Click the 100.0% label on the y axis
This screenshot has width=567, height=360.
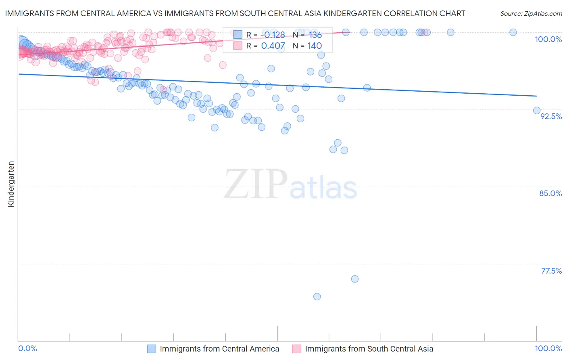548,39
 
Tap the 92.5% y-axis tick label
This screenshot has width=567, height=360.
551,116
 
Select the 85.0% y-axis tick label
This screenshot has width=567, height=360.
550,193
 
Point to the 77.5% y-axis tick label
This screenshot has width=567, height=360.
551,271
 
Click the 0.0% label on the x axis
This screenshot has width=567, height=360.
28,348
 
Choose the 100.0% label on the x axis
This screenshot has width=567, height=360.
548,348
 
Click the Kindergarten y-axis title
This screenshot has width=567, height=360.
11,184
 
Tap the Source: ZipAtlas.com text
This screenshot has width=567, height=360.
531,13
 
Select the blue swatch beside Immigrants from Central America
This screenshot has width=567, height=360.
151,349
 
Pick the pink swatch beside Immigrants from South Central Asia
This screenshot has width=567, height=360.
296,349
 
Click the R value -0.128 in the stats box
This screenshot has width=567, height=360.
274,35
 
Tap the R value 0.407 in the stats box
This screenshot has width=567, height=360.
273,46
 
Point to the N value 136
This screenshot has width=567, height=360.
315,35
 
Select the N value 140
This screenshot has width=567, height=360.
315,46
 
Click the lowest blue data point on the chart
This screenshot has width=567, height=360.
317,297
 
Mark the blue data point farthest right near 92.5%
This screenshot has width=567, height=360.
537,111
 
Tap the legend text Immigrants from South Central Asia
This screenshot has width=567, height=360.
369,349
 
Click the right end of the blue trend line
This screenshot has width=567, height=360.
536,96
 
